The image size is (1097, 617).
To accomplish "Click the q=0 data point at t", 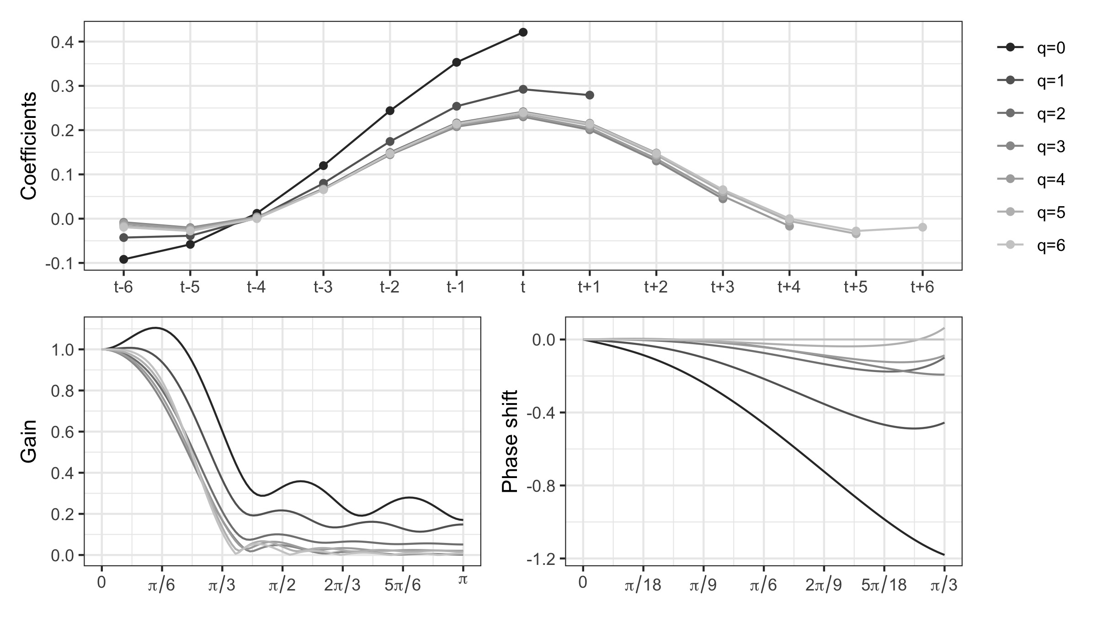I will pos(523,32).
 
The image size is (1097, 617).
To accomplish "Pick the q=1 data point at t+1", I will pos(590,95).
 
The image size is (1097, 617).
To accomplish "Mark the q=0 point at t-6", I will pos(123,259).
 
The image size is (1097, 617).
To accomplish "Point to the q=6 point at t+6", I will pos(922,227).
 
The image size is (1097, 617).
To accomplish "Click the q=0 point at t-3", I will pos(323,165).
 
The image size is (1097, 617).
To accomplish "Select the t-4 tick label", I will pos(256,287).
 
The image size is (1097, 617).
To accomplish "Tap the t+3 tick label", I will pos(723,287).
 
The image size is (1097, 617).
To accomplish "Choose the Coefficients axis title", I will pos(28,146).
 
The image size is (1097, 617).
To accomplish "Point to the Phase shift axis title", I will pos(510,441).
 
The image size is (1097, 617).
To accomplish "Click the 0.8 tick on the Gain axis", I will pos(63,391).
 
